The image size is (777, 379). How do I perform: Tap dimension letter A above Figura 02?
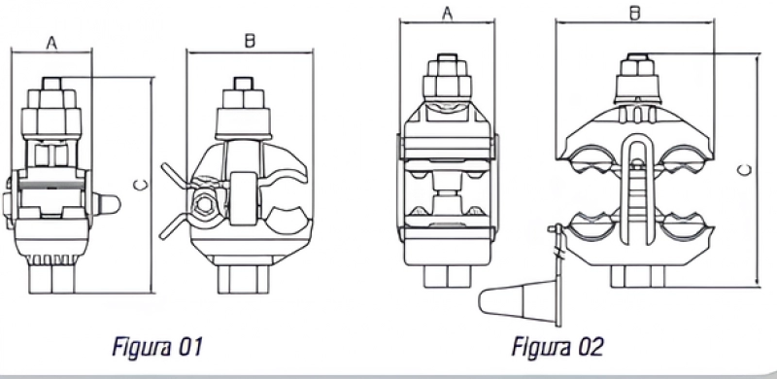[448, 13]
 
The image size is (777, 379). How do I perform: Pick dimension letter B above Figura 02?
[635, 13]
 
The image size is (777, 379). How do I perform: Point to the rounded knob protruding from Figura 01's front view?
[109, 204]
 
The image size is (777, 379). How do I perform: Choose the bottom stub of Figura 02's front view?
[448, 275]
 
